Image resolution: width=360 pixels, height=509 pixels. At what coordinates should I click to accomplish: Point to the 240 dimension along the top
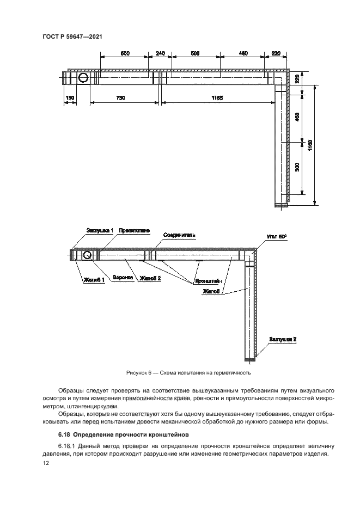[x=160, y=53]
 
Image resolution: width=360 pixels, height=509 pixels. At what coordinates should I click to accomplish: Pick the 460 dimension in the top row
[x=243, y=53]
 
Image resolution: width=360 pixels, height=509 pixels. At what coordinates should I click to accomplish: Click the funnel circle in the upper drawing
[x=84, y=78]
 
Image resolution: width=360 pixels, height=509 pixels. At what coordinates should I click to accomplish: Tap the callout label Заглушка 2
[x=282, y=339]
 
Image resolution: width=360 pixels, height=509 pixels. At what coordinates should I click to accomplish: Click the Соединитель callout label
[x=179, y=235]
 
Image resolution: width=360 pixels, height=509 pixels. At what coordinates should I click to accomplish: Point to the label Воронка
[x=123, y=278]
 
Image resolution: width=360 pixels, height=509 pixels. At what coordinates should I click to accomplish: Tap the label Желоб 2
[x=150, y=278]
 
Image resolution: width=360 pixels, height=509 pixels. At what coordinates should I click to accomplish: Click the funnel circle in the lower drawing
[x=85, y=255]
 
